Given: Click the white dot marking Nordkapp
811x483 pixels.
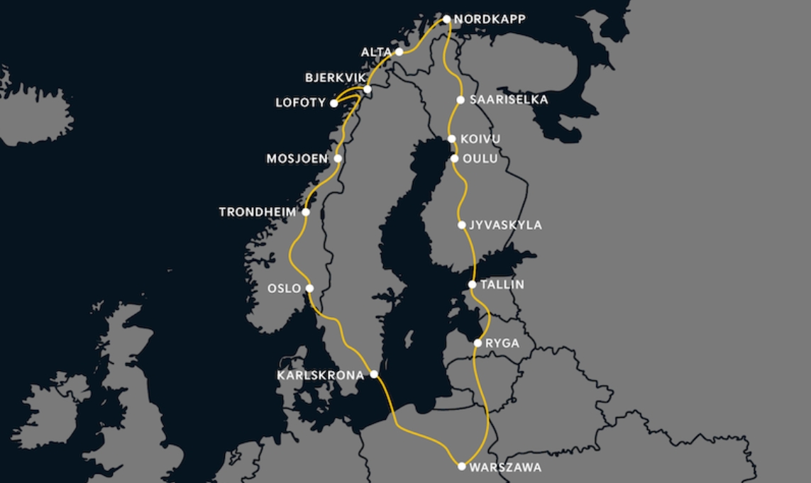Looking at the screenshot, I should [447, 19].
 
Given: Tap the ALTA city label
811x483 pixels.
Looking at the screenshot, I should [376, 52].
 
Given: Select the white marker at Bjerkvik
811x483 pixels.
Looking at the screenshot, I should [367, 89].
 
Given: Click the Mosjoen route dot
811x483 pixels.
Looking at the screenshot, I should [338, 158].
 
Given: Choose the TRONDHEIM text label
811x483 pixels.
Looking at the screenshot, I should [257, 212].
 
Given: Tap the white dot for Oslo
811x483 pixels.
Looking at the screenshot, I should [309, 288].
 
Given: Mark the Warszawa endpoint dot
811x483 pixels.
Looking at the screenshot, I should [462, 466].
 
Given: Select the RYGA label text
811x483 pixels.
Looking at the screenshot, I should [503, 344].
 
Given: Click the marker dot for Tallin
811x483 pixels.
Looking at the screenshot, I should [473, 284].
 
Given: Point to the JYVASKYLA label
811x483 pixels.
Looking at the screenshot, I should [506, 226].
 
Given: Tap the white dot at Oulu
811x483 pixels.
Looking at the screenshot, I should [454, 158].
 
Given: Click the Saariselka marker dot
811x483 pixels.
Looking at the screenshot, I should [460, 100].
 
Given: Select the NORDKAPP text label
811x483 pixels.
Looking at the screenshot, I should [490, 19].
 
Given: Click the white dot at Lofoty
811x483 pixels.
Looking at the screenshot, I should [333, 104].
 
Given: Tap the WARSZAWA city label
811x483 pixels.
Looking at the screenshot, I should [506, 467].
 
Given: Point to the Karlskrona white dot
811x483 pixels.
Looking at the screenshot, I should [374, 374].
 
